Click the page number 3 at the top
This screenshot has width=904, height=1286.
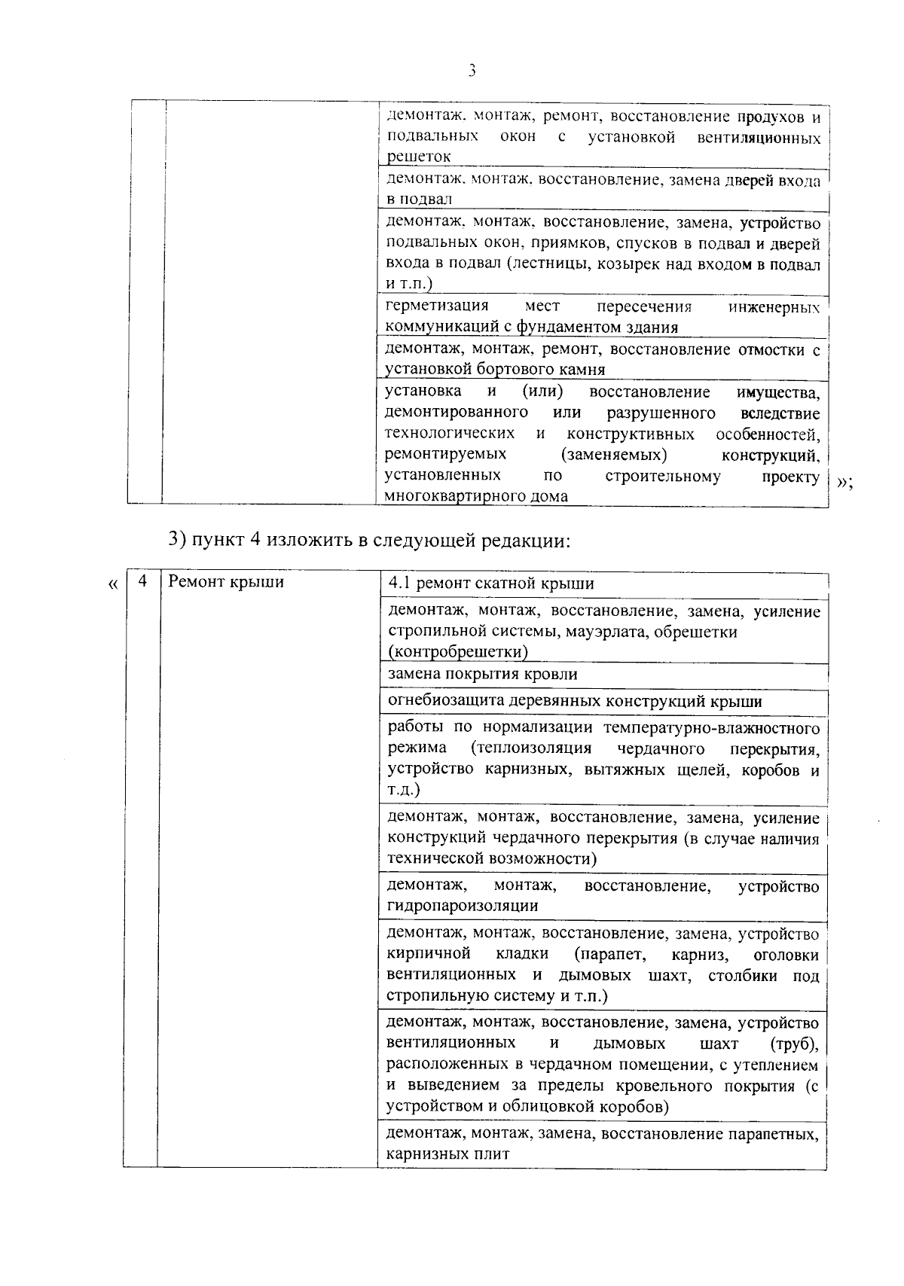click(x=472, y=72)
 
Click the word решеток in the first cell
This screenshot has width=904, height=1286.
click(x=418, y=157)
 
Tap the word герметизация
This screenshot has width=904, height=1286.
click(x=437, y=306)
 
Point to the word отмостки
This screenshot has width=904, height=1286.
click(x=771, y=349)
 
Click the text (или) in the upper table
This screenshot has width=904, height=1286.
click(x=542, y=392)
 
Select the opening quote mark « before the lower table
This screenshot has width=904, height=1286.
click(x=113, y=584)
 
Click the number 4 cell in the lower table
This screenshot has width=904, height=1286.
click(x=142, y=582)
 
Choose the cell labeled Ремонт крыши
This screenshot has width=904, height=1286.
click(x=226, y=582)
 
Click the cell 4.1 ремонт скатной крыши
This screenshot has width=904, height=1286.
click(x=490, y=584)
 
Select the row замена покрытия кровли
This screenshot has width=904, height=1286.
click(x=482, y=675)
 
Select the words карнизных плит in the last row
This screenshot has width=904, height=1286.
click(x=448, y=1153)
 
